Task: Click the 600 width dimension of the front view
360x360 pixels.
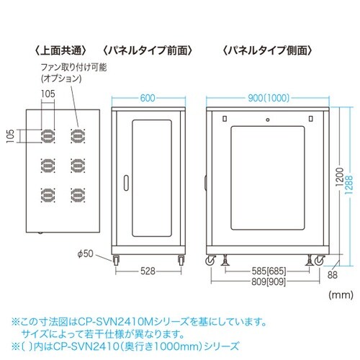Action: (148, 98)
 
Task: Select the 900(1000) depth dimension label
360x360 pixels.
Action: (269, 98)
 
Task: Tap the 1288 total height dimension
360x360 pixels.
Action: (349, 186)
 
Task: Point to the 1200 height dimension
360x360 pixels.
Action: (340, 177)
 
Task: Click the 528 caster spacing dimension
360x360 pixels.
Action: (148, 271)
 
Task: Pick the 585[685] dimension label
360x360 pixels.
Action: (269, 271)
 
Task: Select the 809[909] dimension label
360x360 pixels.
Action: (269, 282)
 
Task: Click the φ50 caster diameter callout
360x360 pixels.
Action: (86, 253)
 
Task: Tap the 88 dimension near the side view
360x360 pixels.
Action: (333, 275)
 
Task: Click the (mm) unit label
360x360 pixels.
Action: (341, 294)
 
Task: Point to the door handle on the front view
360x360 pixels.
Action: (126, 184)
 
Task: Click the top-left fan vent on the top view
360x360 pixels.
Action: (48, 136)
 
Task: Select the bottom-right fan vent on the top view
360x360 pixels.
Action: (78, 195)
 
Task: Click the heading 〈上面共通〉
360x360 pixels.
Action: (60, 50)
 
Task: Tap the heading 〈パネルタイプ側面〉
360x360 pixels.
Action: (268, 50)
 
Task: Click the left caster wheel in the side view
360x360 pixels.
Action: (210, 261)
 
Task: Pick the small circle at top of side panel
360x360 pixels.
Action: (268, 120)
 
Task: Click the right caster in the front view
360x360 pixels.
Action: (181, 260)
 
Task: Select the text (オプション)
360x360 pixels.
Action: (61, 78)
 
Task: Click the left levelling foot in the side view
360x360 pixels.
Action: (225, 260)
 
